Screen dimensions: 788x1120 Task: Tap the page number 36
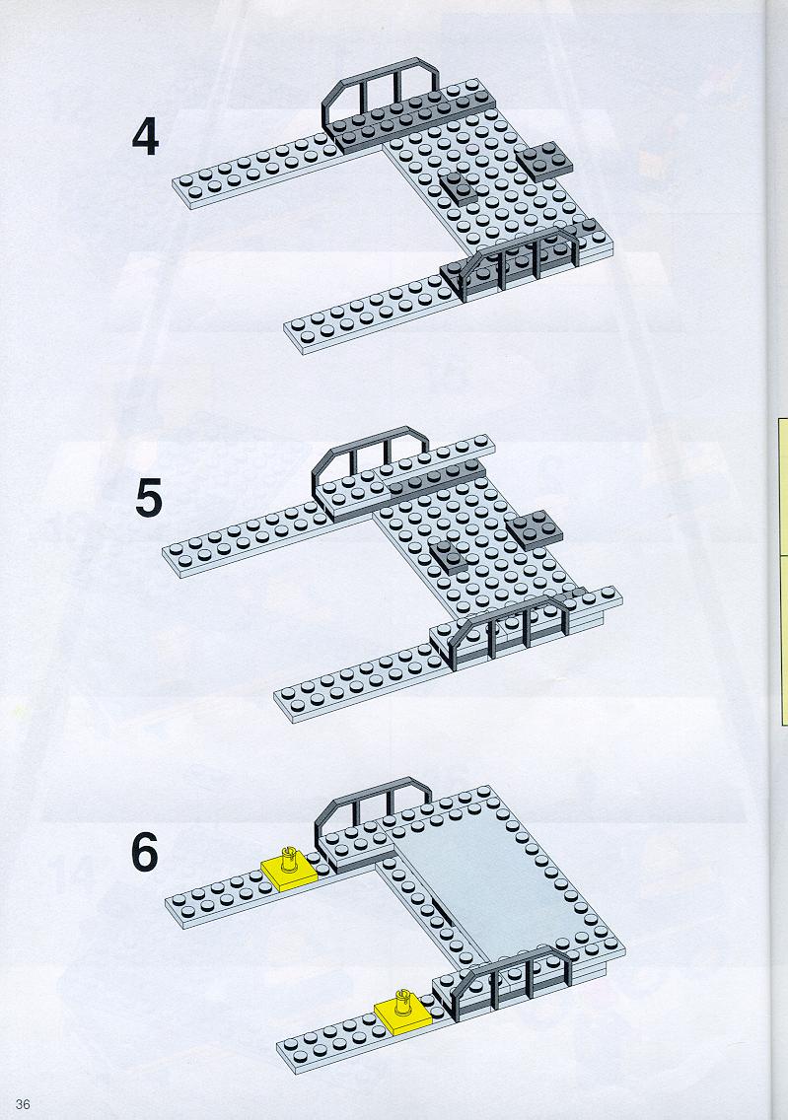point(22,1104)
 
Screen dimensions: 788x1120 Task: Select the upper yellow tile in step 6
point(289,869)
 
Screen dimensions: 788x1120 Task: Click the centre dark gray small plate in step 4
point(458,188)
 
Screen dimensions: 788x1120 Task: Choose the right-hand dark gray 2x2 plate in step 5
point(536,529)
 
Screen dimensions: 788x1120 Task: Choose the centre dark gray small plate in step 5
point(448,557)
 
